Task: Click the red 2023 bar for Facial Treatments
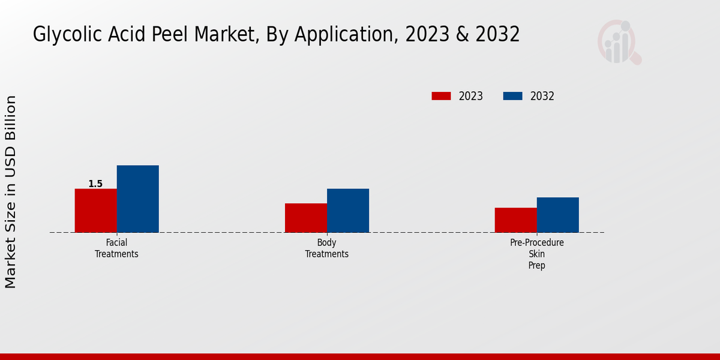(95, 211)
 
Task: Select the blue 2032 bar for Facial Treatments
(137, 199)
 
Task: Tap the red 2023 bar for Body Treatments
(305, 218)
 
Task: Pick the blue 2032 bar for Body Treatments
(347, 211)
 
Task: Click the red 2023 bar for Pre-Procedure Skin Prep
(515, 220)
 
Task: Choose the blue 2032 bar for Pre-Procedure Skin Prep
(557, 215)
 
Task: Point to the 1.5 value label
(95, 184)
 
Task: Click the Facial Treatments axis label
(116, 248)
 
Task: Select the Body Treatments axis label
(326, 248)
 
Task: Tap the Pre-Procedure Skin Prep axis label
(536, 254)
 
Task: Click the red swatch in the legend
(441, 96)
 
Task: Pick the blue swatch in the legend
(512, 96)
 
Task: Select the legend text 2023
(471, 96)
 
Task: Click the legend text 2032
(542, 96)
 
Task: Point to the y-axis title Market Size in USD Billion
(11, 191)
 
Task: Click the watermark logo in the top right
(619, 42)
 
